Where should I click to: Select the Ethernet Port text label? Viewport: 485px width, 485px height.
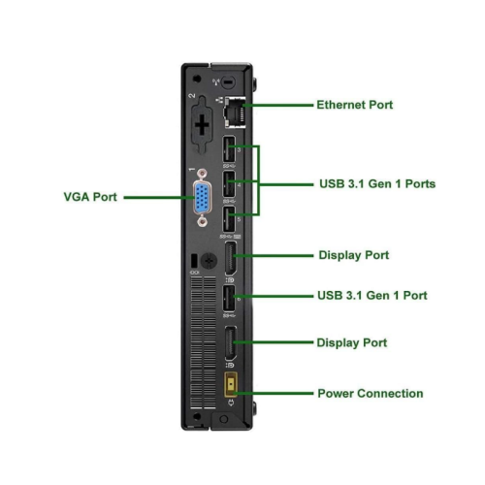pos(355,104)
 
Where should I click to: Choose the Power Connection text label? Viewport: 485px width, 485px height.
pos(370,394)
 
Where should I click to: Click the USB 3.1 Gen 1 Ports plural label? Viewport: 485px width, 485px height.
pos(376,182)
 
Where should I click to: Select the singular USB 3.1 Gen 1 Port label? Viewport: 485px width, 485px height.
pos(372,295)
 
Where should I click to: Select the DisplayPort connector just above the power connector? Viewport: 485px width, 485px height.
pos(232,343)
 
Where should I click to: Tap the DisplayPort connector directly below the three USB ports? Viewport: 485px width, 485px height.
pos(232,259)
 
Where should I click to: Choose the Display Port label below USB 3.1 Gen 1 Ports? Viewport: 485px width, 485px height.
pos(353,255)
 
